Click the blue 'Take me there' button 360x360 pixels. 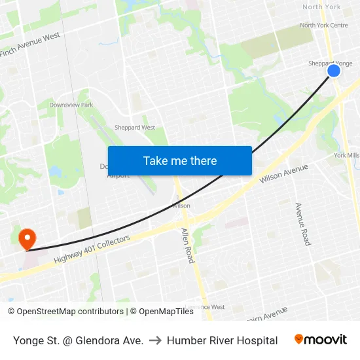pos(180,160)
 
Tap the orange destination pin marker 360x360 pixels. pos(27,238)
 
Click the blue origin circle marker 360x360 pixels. pos(334,70)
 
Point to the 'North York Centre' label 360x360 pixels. pos(324,26)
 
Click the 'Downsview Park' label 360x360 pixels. pos(71,105)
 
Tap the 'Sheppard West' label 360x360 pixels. pos(135,128)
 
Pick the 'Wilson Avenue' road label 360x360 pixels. pos(283,173)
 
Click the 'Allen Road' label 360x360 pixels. pos(187,245)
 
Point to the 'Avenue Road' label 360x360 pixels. pos(302,223)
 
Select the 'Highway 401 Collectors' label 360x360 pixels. pos(92,249)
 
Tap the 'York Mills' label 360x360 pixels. pos(346,155)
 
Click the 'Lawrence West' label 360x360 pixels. pos(205,307)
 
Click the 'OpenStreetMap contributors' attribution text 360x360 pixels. pos(69,312)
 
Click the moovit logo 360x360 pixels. pos(321,340)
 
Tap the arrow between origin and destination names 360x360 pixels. pos(155,340)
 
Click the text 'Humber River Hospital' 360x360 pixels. pos(222,340)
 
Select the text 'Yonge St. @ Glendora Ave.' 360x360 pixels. pos(78,340)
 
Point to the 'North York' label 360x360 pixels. pos(321,7)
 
